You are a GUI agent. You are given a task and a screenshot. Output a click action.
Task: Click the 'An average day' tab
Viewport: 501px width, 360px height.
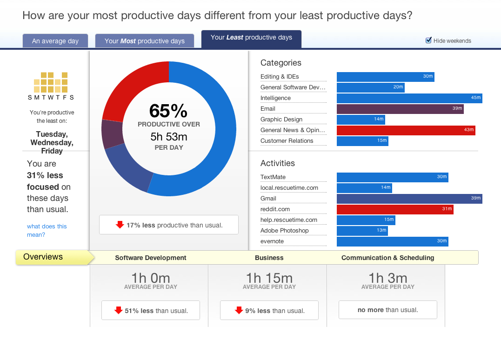(x=55, y=41)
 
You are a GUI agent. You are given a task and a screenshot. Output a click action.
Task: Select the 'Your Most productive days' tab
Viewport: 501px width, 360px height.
(x=144, y=41)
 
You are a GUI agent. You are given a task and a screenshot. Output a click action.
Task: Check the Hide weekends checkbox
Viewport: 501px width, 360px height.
(x=429, y=40)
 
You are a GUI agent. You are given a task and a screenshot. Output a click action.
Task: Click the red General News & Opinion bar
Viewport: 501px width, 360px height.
(x=406, y=130)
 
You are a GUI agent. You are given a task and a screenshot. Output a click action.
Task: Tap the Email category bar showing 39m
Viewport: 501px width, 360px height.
(x=400, y=109)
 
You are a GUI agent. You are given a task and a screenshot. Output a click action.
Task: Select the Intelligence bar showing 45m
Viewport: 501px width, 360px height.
(x=409, y=98)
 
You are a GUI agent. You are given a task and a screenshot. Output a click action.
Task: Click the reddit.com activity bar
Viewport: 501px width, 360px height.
(x=395, y=209)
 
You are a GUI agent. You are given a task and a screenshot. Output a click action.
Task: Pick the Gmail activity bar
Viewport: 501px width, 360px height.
(x=409, y=199)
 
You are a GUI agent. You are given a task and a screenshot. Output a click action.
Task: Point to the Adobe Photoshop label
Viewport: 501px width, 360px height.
(x=284, y=231)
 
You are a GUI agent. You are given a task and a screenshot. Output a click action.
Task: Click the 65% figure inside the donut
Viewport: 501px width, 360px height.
(x=168, y=111)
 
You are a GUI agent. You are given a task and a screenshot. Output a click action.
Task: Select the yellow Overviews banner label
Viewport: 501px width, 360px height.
(x=43, y=257)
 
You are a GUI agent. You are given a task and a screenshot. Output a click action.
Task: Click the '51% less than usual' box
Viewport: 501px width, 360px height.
(x=151, y=310)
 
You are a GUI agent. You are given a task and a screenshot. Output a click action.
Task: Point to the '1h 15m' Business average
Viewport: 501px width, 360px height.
(x=269, y=278)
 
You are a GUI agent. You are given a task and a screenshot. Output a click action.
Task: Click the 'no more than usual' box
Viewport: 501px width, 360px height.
(x=388, y=310)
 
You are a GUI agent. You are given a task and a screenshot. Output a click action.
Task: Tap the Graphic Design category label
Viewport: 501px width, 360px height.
(x=281, y=120)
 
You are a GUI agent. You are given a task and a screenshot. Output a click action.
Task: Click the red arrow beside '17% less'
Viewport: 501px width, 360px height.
(x=120, y=225)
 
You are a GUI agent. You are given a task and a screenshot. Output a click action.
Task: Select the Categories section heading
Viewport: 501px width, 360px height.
(x=281, y=63)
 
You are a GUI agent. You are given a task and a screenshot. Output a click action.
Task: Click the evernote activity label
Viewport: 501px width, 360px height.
(x=272, y=241)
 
